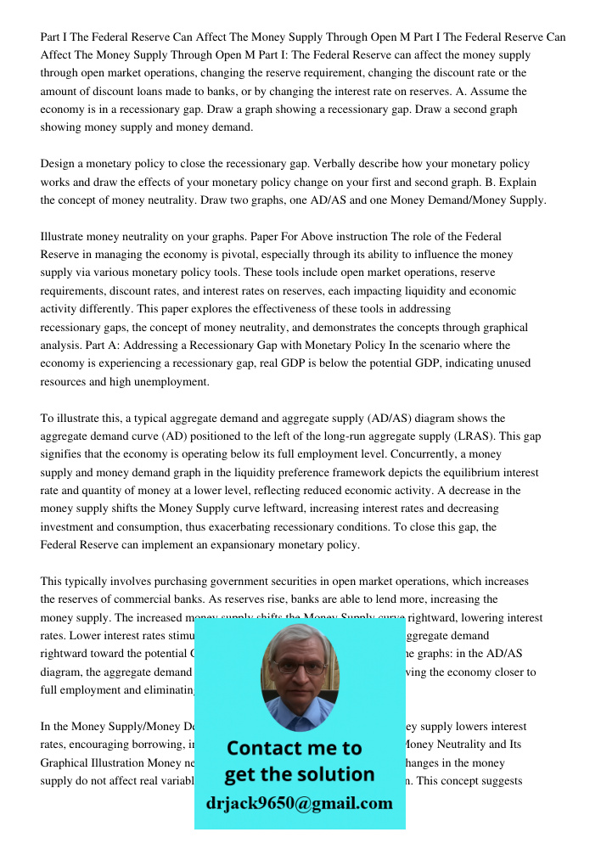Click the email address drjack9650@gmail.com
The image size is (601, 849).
tap(300, 803)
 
